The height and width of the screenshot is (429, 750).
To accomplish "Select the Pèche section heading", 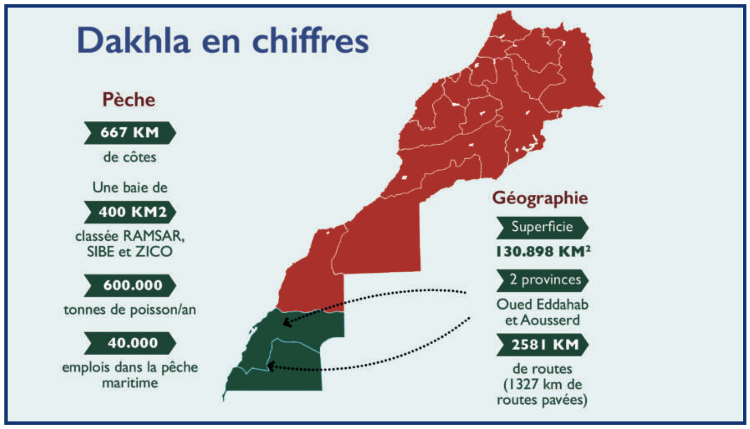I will coord(129,100).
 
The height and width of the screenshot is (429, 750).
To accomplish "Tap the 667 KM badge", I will coord(130,133).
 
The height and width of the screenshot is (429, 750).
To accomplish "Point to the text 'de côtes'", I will coord(130,157).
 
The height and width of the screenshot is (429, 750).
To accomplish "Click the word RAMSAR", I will coord(154,236).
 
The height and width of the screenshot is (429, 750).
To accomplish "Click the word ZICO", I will coord(153,251).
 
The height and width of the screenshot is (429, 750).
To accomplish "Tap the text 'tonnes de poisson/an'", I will coord(130,310).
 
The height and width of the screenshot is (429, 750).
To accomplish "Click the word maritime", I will coord(130,383).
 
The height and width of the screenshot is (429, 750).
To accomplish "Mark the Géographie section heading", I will coord(540,198).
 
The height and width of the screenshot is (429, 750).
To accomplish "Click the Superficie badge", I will coord(542,227).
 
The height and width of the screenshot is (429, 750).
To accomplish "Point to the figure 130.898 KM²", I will coord(544,251).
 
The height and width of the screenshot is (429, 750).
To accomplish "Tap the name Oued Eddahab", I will coord(542,305).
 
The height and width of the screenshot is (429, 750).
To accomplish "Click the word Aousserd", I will coord(550,320).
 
